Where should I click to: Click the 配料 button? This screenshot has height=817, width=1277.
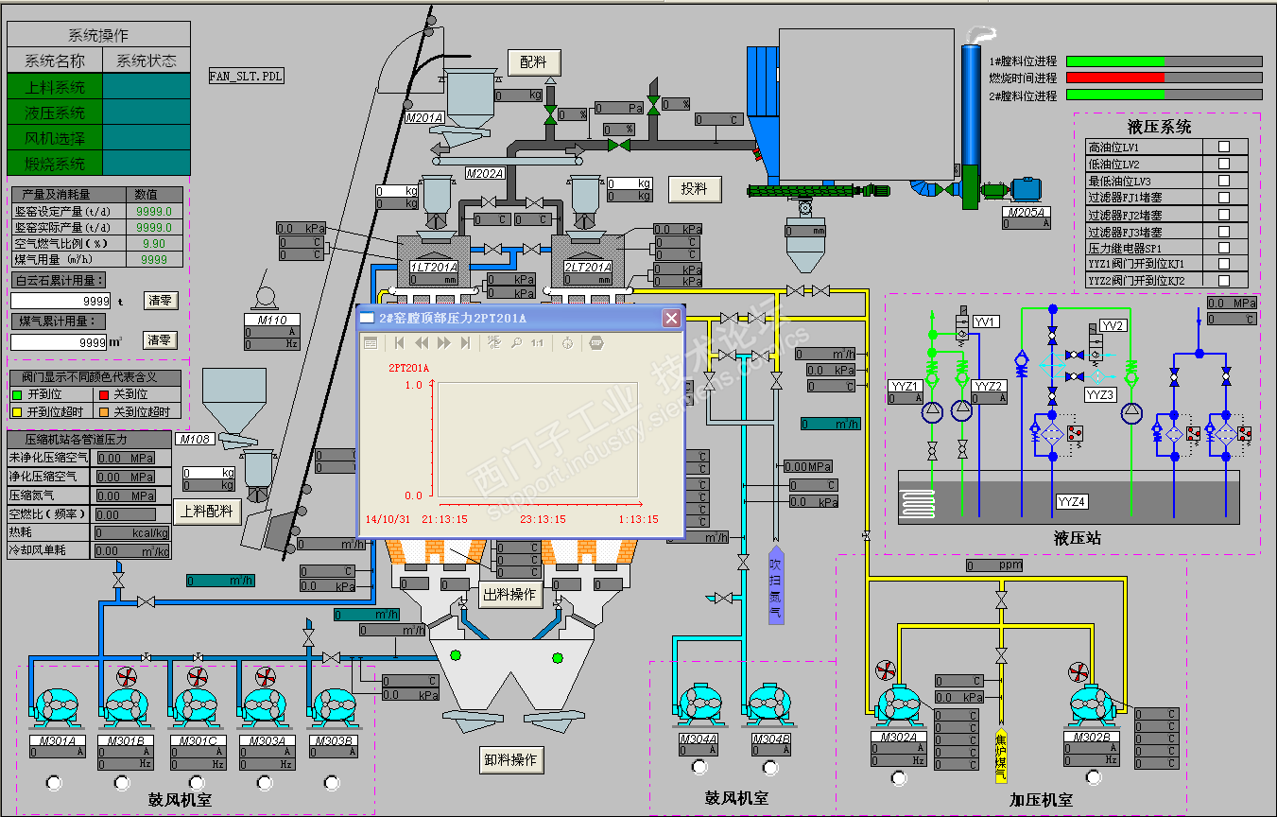534,62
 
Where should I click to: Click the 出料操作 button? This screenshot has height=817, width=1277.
510,595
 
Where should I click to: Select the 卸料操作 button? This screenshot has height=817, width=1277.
510,759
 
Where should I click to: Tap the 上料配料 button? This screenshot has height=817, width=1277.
207,512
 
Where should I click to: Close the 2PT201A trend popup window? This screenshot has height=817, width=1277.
671,318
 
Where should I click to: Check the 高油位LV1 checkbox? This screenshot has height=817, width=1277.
1224,148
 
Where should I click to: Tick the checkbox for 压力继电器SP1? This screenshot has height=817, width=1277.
1224,248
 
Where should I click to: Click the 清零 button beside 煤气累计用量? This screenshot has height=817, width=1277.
160,339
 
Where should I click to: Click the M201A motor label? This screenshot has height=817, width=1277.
424,118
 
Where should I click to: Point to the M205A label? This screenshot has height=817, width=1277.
1026,213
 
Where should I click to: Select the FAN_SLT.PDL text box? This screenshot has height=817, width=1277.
247,76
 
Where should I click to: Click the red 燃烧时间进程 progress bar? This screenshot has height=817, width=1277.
1114,78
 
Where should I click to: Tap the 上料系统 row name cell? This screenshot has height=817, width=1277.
54,87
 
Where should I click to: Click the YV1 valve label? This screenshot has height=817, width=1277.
986,322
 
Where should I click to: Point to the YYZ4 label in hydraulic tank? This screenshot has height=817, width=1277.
1071,501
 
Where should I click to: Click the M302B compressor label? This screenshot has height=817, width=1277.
1092,737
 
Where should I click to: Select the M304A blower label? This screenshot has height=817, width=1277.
699,739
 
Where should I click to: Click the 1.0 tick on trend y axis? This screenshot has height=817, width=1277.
413,386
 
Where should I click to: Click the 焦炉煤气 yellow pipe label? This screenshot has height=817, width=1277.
1001,756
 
